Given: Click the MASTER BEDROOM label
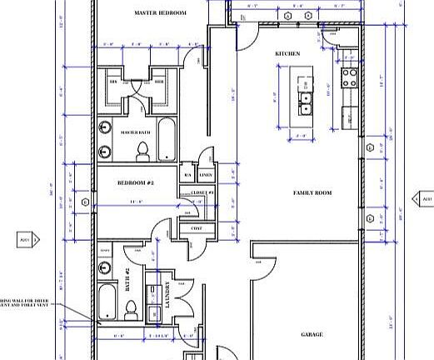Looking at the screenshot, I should (x=160, y=14).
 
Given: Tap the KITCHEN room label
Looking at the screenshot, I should (x=287, y=54).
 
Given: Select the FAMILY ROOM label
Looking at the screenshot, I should (x=312, y=192).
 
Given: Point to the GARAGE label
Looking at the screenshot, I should (x=312, y=335).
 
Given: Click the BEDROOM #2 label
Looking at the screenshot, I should (x=134, y=182).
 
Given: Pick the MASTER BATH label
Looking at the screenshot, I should (x=134, y=132).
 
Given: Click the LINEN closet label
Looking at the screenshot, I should (x=206, y=175).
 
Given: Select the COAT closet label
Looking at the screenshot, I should (x=197, y=227).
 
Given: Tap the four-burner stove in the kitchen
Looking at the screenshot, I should (x=349, y=77).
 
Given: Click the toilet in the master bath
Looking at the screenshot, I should (x=142, y=151).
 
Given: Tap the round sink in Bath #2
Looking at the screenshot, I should (x=104, y=267).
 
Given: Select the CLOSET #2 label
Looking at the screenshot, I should (x=203, y=192).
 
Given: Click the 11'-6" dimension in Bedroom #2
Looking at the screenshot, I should (x=135, y=202).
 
